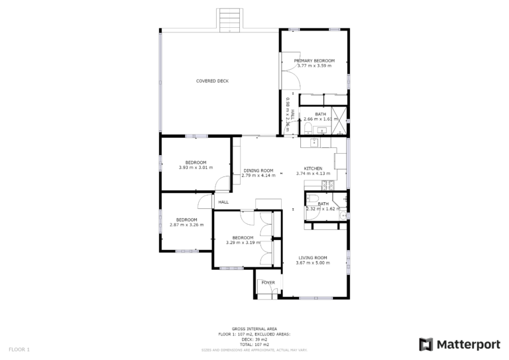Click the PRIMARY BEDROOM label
click(x=314, y=60)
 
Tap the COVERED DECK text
click(x=212, y=81)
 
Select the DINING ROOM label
click(x=258, y=170)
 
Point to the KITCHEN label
click(x=313, y=168)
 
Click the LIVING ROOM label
click(x=313, y=257)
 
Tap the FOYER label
click(x=268, y=282)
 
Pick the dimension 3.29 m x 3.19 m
click(x=243, y=243)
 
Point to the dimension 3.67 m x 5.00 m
click(x=313, y=263)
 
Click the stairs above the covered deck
click(x=229, y=19)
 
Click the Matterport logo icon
click(x=426, y=344)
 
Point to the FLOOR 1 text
click(x=19, y=348)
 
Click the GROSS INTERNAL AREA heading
click(x=254, y=328)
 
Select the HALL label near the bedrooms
click(x=223, y=202)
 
